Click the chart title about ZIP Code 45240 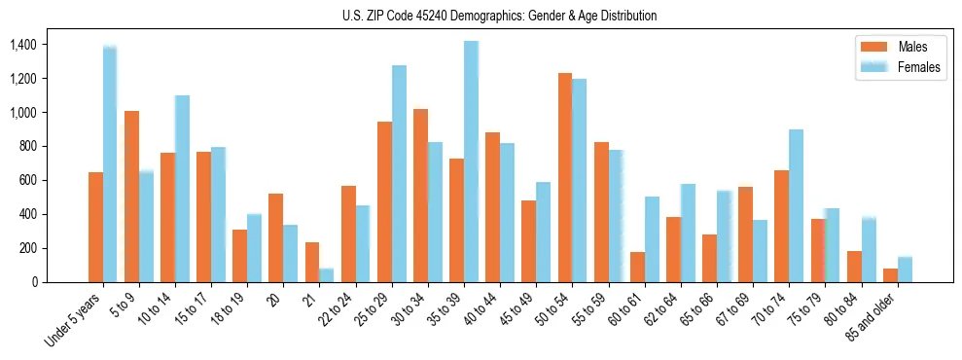pyautogui.click(x=499, y=16)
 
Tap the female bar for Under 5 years pyautogui.click(x=110, y=163)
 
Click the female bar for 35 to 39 pyautogui.click(x=471, y=162)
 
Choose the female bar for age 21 pyautogui.click(x=327, y=275)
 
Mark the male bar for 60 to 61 pyautogui.click(x=637, y=268)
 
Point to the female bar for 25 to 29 pyautogui.click(x=399, y=174)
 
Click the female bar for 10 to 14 pyautogui.click(x=182, y=189)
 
